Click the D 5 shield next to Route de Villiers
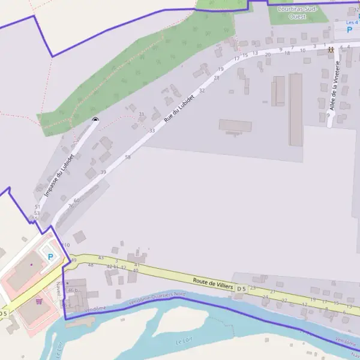pyautogui.click(x=241, y=289)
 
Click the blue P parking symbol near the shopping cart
pyautogui.click(x=50, y=257)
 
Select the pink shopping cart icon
pyautogui.click(x=39, y=301)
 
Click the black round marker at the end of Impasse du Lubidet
pyautogui.click(x=95, y=120)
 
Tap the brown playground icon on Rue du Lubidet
pyautogui.click(x=331, y=50)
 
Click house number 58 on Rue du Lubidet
pyautogui.click(x=128, y=157)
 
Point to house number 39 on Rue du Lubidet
pyautogui.click(x=103, y=172)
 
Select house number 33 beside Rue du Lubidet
pyautogui.click(x=152, y=131)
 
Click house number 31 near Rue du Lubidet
pyautogui.click(x=142, y=114)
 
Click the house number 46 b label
pyautogui.click(x=73, y=290)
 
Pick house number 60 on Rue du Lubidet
pyautogui.click(x=76, y=200)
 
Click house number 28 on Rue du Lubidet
pyautogui.click(x=217, y=77)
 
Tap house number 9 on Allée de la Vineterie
pyautogui.click(x=328, y=115)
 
